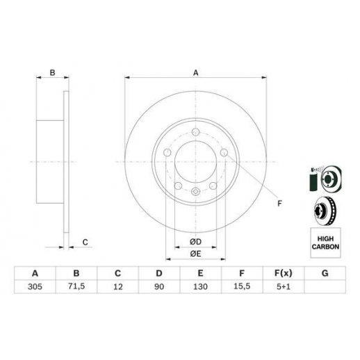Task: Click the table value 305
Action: click(x=35, y=287)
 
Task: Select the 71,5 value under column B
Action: click(x=76, y=286)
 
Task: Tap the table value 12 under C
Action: click(x=118, y=287)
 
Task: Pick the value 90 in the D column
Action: click(x=159, y=287)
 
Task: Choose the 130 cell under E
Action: click(x=200, y=287)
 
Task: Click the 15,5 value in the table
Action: click(x=242, y=286)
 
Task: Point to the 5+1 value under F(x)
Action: click(x=284, y=287)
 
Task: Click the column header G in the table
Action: click(x=325, y=273)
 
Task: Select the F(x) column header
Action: click(x=284, y=273)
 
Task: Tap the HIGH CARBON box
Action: click(x=325, y=243)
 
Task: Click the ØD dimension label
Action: click(x=196, y=242)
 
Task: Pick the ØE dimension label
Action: click(x=196, y=254)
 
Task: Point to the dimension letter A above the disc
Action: click(x=196, y=73)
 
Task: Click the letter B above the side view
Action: click(x=53, y=73)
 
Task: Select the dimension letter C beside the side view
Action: click(x=85, y=243)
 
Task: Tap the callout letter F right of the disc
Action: click(x=279, y=204)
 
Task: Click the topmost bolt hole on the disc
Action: click(x=196, y=132)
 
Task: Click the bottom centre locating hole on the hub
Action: click(x=196, y=192)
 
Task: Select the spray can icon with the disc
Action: click(x=325, y=179)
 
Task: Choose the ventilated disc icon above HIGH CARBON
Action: click(x=325, y=211)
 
